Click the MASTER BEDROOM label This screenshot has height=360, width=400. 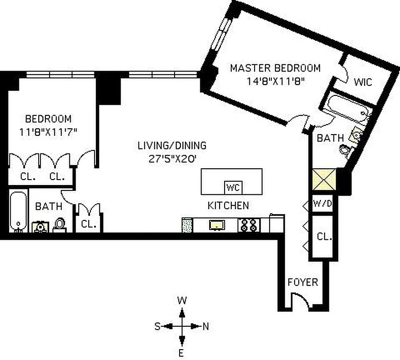(275, 68)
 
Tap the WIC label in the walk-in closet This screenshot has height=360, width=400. (363, 82)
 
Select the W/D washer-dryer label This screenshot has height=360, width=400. (322, 203)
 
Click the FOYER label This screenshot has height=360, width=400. (303, 283)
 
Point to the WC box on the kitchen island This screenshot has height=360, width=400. (233, 187)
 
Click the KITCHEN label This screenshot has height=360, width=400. (228, 206)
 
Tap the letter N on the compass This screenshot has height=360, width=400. (206, 327)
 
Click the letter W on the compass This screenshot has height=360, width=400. (182, 300)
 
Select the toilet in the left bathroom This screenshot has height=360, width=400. (59, 225)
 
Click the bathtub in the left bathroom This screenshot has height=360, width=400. (18, 211)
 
